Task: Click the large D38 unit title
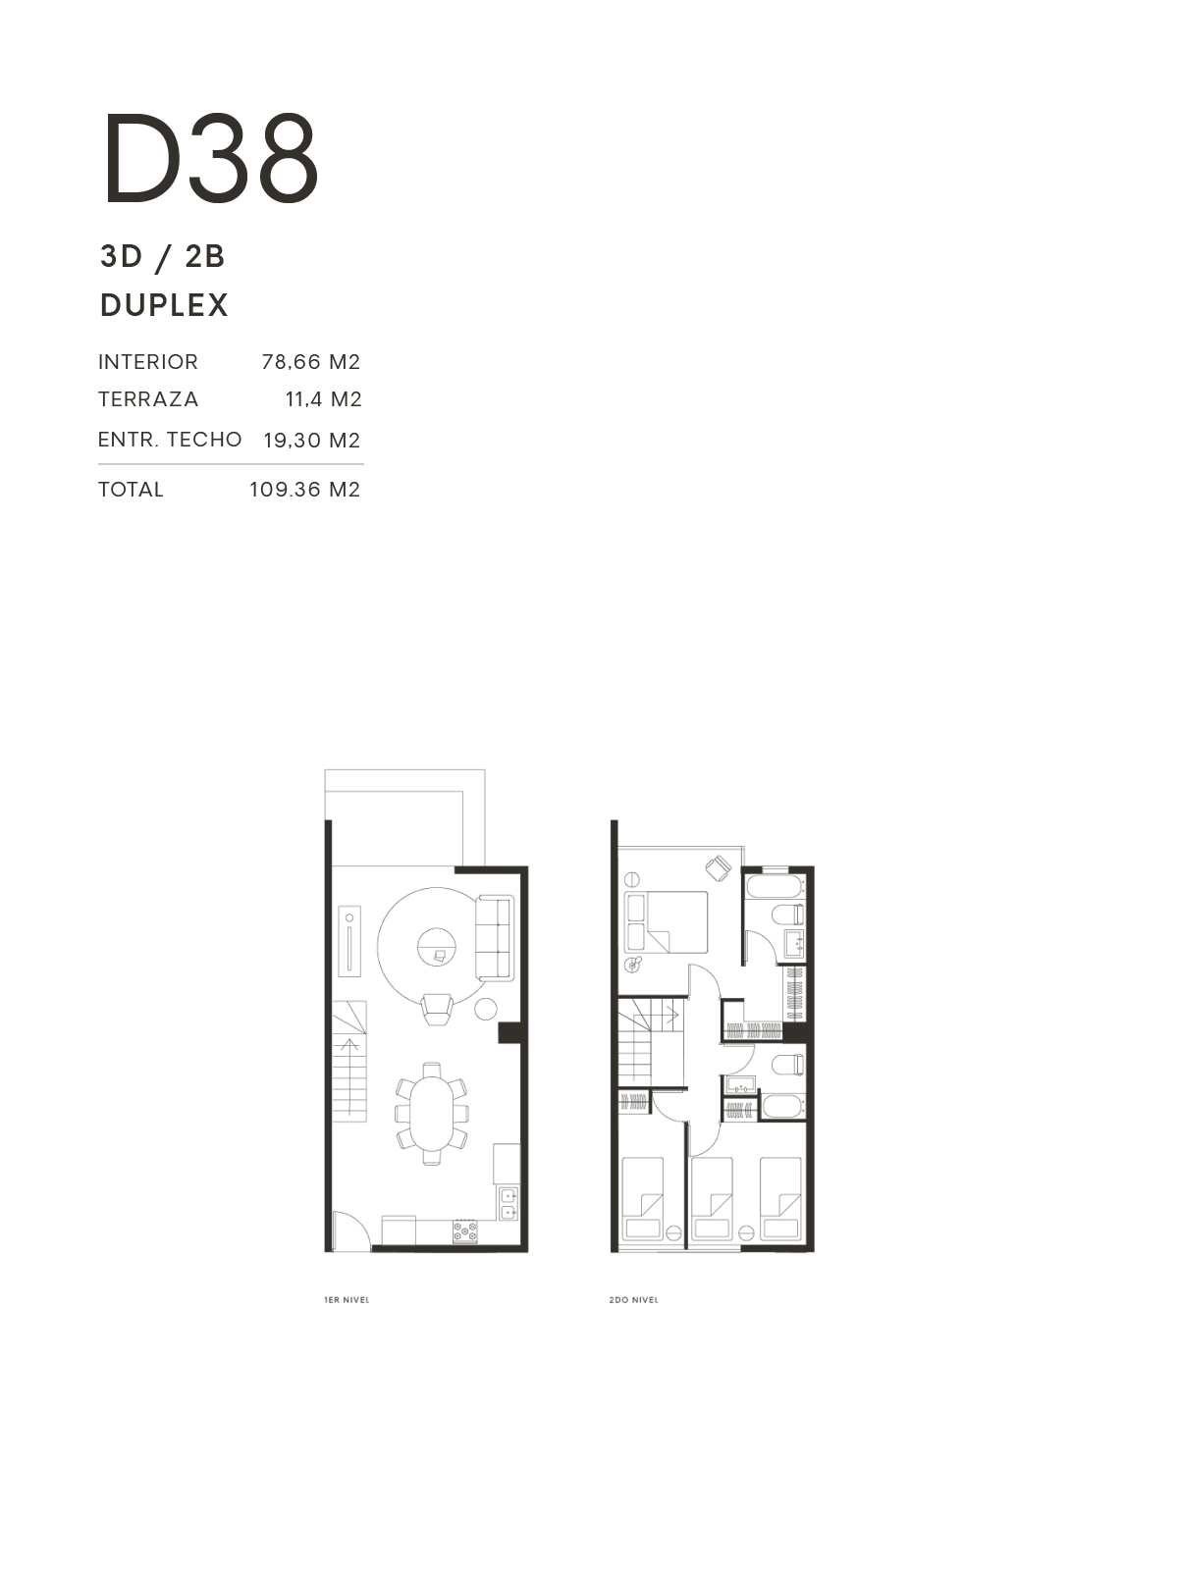coord(211,159)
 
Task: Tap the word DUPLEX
coord(164,305)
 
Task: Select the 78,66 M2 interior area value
coord(310,362)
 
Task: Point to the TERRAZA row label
coord(148,399)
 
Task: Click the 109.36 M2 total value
coord(304,490)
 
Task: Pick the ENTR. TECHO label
coord(170,440)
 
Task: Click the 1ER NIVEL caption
coord(347,1299)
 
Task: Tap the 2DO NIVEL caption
coord(634,1299)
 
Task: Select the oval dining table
coord(431,1114)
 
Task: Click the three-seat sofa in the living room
coord(494,938)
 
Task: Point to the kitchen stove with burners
coord(465,1230)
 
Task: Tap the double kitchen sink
coord(508,1203)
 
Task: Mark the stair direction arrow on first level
coord(349,1076)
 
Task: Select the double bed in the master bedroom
coord(666,921)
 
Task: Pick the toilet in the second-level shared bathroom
coord(789,1065)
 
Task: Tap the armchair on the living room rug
coord(436,1009)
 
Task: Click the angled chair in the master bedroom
coord(719,868)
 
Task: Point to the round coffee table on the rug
coord(436,946)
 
